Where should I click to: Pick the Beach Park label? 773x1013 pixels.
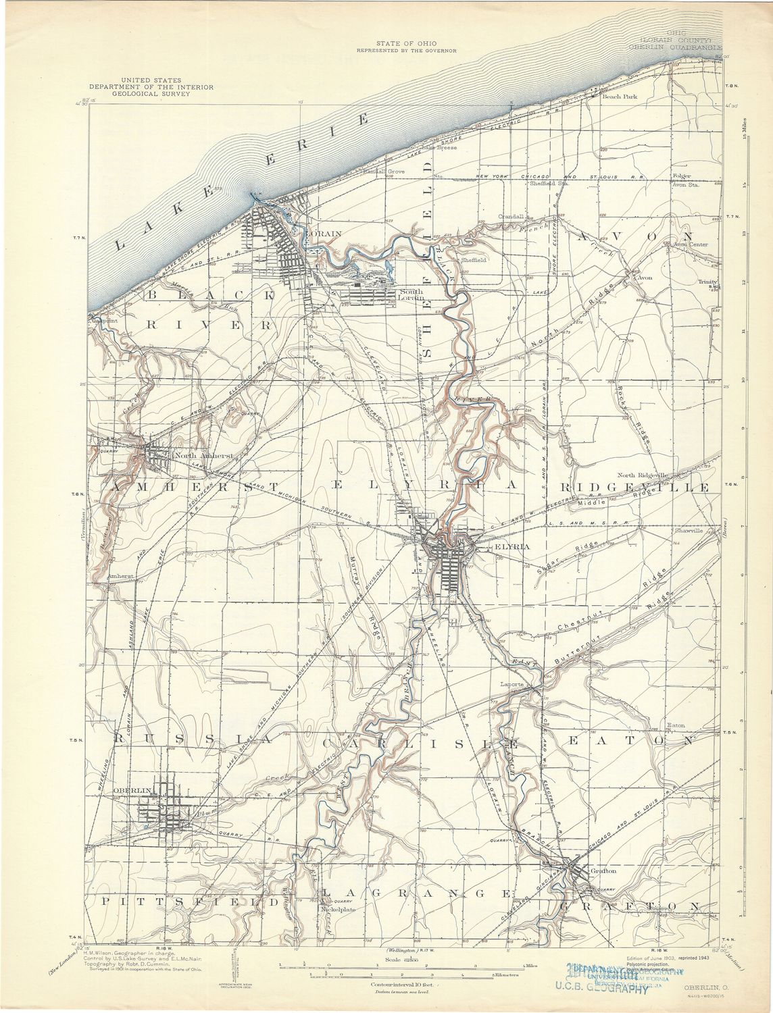pyautogui.click(x=619, y=97)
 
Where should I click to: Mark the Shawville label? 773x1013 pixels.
pyautogui.click(x=689, y=531)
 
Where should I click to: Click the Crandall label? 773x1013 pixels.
pyautogui.click(x=512, y=216)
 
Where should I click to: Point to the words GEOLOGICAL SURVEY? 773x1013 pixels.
pyautogui.click(x=154, y=94)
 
